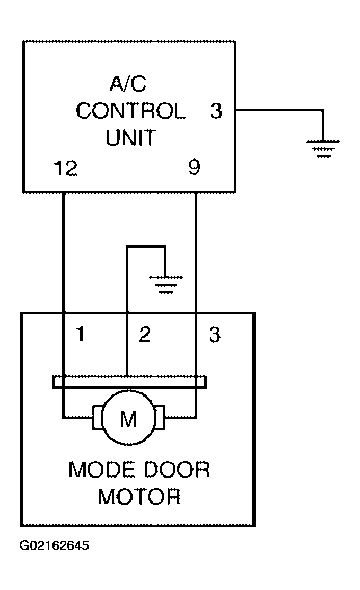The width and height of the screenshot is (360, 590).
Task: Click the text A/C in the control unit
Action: (128, 84)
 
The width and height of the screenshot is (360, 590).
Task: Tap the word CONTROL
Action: (130, 111)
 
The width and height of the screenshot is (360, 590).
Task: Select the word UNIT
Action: (130, 138)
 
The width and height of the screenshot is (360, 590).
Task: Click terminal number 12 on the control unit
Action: (66, 168)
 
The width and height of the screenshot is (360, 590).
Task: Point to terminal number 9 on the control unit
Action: (195, 168)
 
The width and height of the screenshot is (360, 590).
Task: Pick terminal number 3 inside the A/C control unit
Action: (216, 111)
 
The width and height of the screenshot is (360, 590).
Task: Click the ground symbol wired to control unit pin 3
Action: (323, 148)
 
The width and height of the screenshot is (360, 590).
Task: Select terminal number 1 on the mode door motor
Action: (80, 334)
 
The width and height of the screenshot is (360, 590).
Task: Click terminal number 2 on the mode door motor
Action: (145, 334)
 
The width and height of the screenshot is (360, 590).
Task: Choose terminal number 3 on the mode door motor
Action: (215, 334)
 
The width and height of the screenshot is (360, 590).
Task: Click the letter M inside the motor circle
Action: (128, 418)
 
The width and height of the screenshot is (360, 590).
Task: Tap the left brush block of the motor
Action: (98, 417)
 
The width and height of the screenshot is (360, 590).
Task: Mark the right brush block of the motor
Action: (160, 417)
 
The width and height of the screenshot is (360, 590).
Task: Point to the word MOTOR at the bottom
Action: (139, 496)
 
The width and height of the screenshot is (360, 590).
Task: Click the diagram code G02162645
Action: (54, 545)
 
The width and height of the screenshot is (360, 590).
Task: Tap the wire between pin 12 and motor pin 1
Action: (64, 252)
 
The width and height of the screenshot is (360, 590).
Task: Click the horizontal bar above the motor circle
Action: (129, 382)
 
